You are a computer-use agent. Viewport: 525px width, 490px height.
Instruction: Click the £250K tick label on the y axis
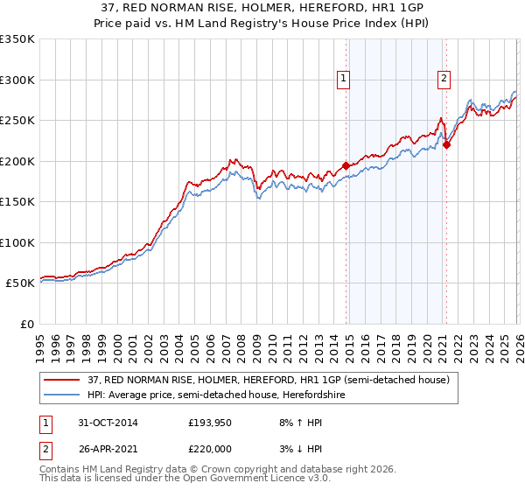click(17, 121)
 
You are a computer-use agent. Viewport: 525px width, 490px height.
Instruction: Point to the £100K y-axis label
click(17, 243)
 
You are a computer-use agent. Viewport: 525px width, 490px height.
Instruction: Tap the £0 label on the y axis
click(26, 325)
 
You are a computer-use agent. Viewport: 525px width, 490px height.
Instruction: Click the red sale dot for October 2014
click(346, 165)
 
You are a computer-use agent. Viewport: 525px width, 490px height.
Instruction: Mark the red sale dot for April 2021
click(446, 145)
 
